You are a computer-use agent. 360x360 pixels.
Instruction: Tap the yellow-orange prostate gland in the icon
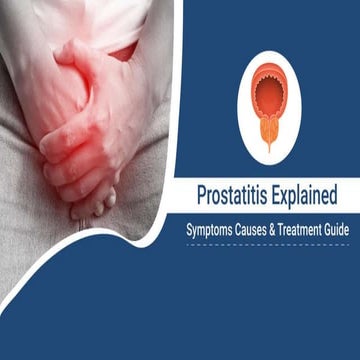(269, 131)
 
